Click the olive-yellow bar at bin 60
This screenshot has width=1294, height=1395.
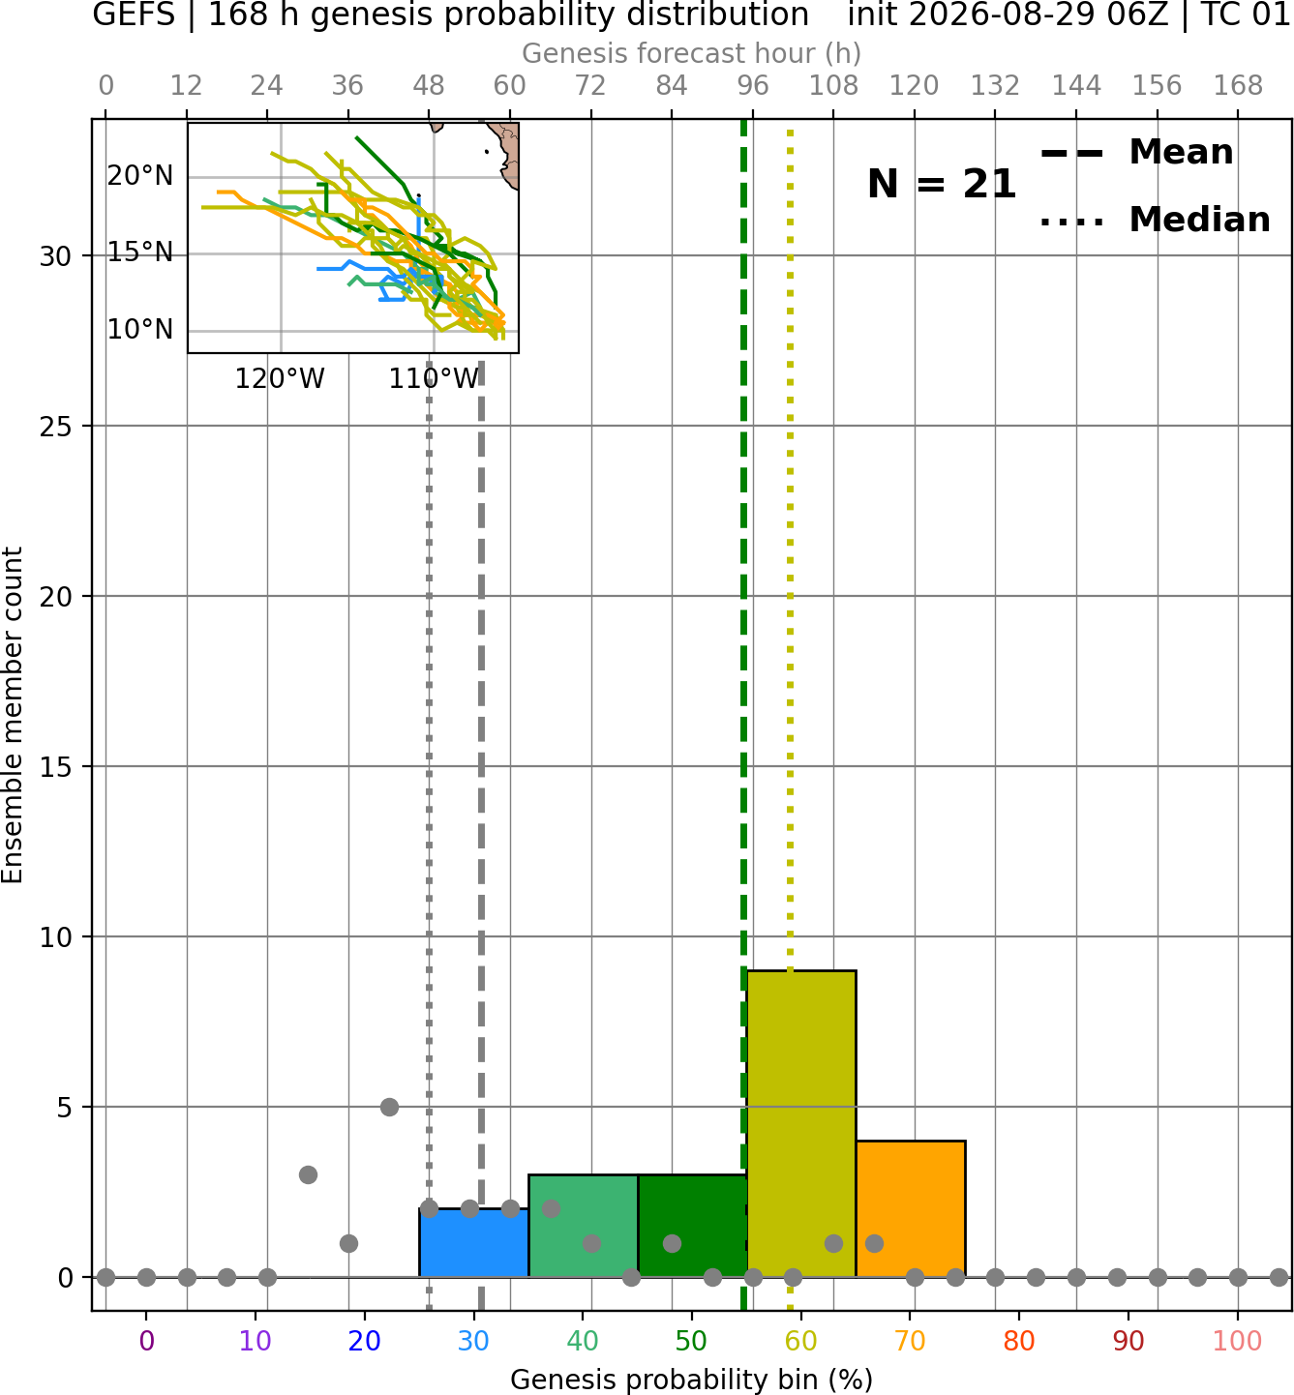pyautogui.click(x=801, y=1123)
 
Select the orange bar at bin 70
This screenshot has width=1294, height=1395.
pyautogui.click(x=911, y=1208)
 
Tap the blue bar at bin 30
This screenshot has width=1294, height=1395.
pyautogui.click(x=473, y=1242)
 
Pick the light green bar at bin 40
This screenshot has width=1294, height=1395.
pyautogui.click(x=584, y=1226)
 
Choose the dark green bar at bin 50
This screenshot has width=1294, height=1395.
pyautogui.click(x=692, y=1226)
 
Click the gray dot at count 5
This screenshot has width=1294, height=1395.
pyautogui.click(x=389, y=1107)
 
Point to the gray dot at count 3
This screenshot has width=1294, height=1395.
pyautogui.click(x=308, y=1174)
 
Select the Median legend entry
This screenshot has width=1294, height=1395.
pyautogui.click(x=1156, y=220)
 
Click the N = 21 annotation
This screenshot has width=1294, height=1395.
pyautogui.click(x=942, y=184)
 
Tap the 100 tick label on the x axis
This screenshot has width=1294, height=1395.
pyautogui.click(x=1238, y=1341)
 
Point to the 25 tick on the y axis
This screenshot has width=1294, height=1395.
pyautogui.click(x=56, y=427)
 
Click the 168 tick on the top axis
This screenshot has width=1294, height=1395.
pyautogui.click(x=1238, y=86)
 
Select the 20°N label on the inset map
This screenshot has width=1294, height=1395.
pyautogui.click(x=140, y=176)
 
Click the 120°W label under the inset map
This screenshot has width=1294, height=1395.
pyautogui.click(x=280, y=379)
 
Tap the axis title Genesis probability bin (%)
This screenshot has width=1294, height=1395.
pyautogui.click(x=692, y=1380)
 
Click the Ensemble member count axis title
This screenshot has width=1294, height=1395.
pyautogui.click(x=12, y=715)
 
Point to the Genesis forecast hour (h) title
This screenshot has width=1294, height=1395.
pyautogui.click(x=692, y=53)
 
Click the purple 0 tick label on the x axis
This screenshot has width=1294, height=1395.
pyautogui.click(x=146, y=1341)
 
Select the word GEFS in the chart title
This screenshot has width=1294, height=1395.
pyautogui.click(x=134, y=15)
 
